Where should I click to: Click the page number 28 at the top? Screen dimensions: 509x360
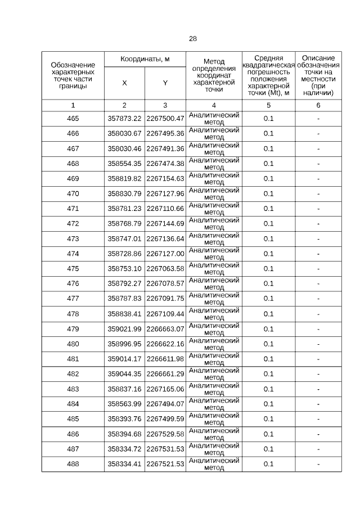[x=193, y=39]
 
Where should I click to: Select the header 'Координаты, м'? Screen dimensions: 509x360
[x=145, y=59]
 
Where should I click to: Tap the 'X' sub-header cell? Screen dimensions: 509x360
[x=124, y=83]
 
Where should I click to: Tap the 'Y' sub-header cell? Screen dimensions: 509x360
[x=165, y=83]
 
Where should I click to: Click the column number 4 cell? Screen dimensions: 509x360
[x=214, y=105]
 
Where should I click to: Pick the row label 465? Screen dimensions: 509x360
[x=73, y=119]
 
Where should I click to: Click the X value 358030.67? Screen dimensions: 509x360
[x=124, y=134]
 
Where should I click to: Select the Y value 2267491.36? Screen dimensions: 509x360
[x=165, y=148]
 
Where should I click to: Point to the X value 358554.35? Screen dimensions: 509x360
[x=124, y=164]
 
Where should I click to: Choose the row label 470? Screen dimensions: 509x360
[x=73, y=193]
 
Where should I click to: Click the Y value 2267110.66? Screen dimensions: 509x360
[x=165, y=209]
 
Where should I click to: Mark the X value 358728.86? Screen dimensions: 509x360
[x=124, y=254]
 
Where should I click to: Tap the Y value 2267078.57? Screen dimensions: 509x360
[x=165, y=283]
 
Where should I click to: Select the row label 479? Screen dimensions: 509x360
[x=73, y=328]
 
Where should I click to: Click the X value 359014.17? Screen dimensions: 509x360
[x=124, y=359]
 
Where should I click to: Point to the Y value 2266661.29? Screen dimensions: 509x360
[x=165, y=373]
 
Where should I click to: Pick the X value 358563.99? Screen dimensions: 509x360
[x=124, y=404]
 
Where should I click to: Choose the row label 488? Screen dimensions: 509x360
[x=73, y=463]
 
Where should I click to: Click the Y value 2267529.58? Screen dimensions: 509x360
[x=165, y=434]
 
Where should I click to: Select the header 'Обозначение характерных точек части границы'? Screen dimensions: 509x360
[x=73, y=75]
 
